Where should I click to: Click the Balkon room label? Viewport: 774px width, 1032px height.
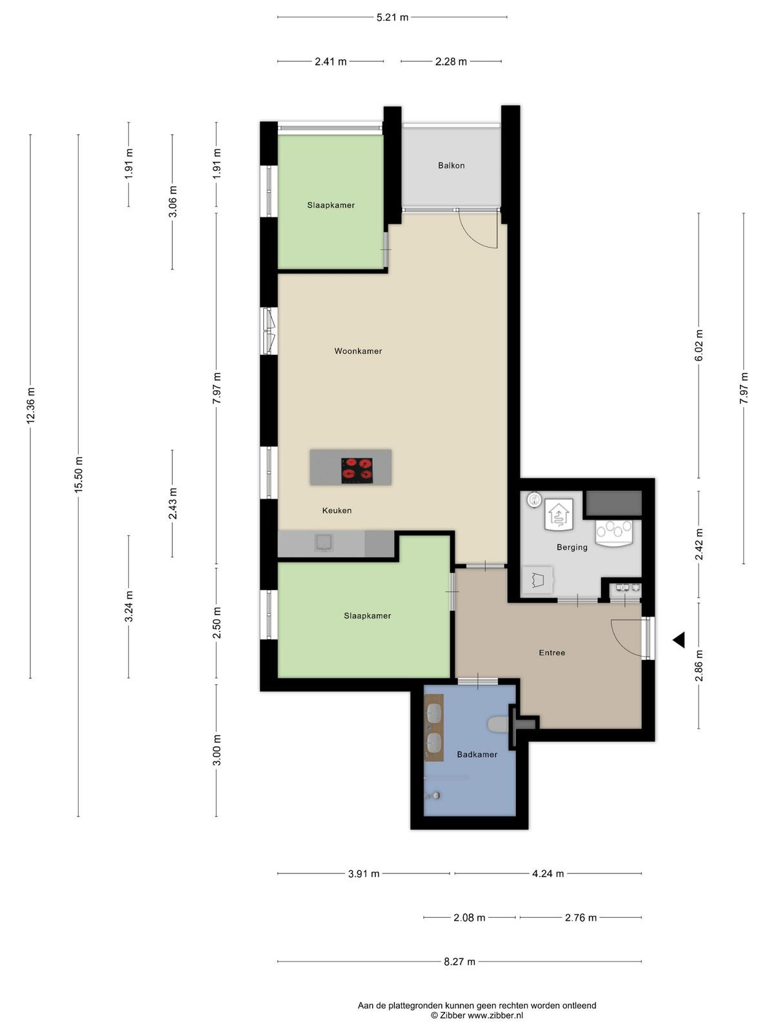click(x=451, y=166)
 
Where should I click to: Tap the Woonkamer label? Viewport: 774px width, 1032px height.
click(x=357, y=351)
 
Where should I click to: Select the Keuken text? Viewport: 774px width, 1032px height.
click(x=337, y=510)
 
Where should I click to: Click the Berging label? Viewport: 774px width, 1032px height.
click(x=571, y=547)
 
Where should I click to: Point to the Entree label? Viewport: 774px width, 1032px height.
click(x=551, y=653)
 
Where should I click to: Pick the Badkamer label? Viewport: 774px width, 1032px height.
click(x=477, y=754)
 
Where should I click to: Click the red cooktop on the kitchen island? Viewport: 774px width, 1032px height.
click(x=357, y=470)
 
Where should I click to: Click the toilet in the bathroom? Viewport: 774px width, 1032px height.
click(x=498, y=724)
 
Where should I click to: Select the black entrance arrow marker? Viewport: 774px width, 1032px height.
click(x=679, y=640)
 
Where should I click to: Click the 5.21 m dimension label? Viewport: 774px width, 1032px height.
click(x=392, y=17)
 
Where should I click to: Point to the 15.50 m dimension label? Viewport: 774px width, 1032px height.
click(x=79, y=474)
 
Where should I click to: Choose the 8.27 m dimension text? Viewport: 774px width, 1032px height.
click(x=459, y=962)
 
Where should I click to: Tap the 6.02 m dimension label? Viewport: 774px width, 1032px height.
click(x=699, y=345)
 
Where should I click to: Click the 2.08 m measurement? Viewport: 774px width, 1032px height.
click(x=469, y=917)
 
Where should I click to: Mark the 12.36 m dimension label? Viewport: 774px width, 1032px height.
click(x=30, y=405)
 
